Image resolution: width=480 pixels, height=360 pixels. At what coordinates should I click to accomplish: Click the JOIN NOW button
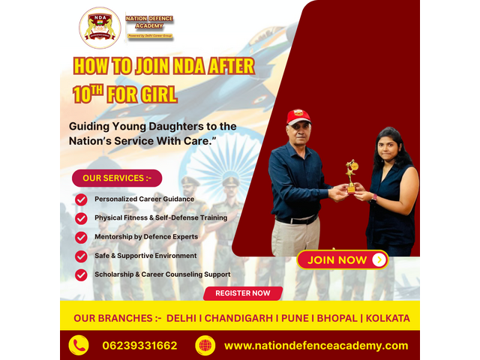(x=342, y=259)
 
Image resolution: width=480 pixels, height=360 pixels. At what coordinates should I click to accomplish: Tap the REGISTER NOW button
(x=242, y=293)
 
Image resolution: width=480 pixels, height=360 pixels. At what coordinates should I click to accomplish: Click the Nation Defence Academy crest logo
(x=100, y=28)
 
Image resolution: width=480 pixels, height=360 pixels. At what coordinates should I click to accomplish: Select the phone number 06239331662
(x=140, y=345)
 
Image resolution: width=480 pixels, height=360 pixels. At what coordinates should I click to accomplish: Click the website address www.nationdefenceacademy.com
(x=316, y=345)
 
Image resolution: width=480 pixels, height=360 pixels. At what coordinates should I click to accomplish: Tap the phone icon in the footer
(x=79, y=345)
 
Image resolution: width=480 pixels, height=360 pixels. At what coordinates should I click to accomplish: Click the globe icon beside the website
(x=205, y=345)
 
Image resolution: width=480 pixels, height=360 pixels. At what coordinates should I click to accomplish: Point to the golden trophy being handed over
(x=351, y=174)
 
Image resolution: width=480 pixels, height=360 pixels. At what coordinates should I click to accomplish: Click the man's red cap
(x=298, y=116)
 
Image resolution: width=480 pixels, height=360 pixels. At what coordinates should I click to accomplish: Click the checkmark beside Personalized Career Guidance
(x=81, y=199)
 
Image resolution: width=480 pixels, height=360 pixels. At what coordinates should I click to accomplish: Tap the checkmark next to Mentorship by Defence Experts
(x=81, y=237)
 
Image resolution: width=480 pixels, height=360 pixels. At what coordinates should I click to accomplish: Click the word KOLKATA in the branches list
(x=388, y=318)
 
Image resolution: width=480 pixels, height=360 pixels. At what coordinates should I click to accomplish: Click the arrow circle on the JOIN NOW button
(x=379, y=259)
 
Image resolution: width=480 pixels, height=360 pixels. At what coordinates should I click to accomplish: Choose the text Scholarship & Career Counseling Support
(x=162, y=274)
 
